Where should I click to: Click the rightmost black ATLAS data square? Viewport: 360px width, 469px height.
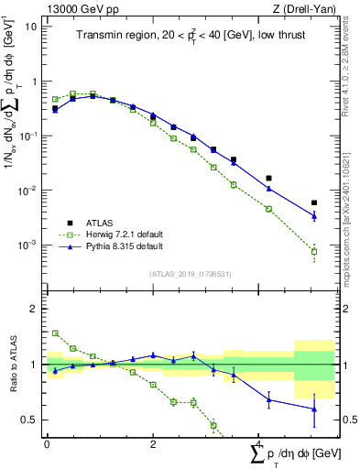tap(314, 202)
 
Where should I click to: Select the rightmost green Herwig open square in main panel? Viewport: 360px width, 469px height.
tap(314, 251)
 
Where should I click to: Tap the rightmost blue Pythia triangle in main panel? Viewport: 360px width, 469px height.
tap(314, 216)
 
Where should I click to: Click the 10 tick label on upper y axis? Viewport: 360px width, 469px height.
tap(31, 26)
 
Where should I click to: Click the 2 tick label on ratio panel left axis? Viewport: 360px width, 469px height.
tap(33, 309)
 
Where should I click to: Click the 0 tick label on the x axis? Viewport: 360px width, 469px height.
tap(47, 445)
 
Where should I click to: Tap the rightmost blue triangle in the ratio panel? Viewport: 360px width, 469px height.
tap(314, 409)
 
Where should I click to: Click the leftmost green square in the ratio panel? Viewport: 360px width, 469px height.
tap(55, 333)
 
